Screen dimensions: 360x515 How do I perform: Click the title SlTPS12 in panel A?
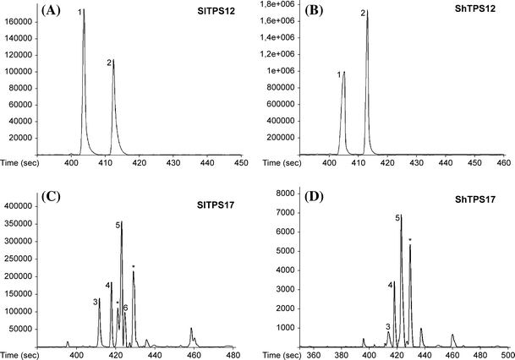[219, 12]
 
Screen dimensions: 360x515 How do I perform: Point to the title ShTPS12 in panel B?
[472, 12]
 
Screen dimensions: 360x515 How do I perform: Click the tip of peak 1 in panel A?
[84, 11]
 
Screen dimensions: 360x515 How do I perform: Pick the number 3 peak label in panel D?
[387, 326]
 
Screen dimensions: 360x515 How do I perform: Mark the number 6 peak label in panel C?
[125, 308]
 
